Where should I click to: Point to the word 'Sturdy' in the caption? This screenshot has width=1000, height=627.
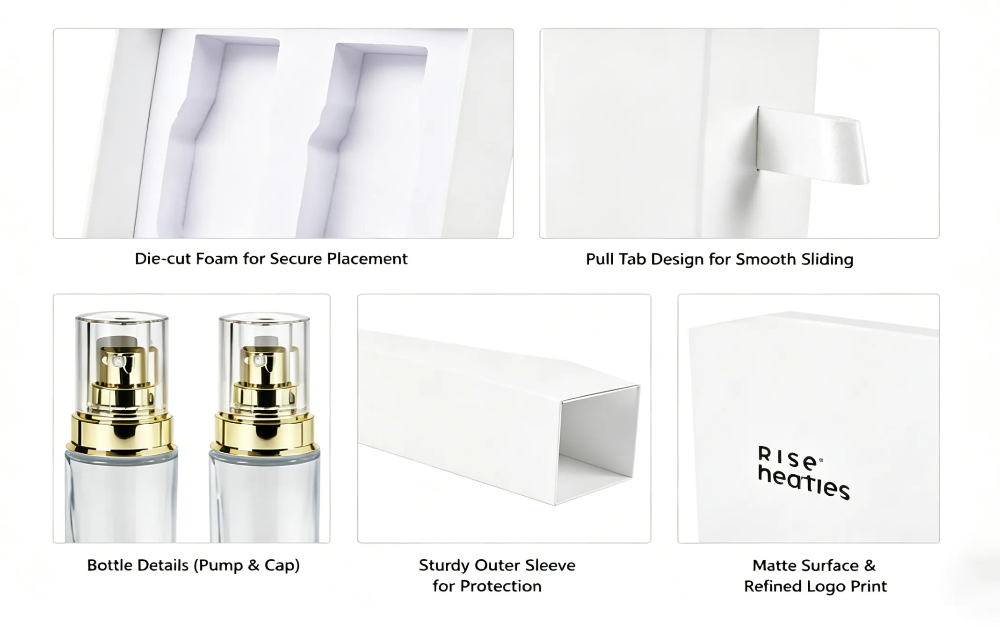pyautogui.click(x=444, y=566)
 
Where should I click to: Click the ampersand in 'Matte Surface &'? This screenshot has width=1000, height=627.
pyautogui.click(x=870, y=566)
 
